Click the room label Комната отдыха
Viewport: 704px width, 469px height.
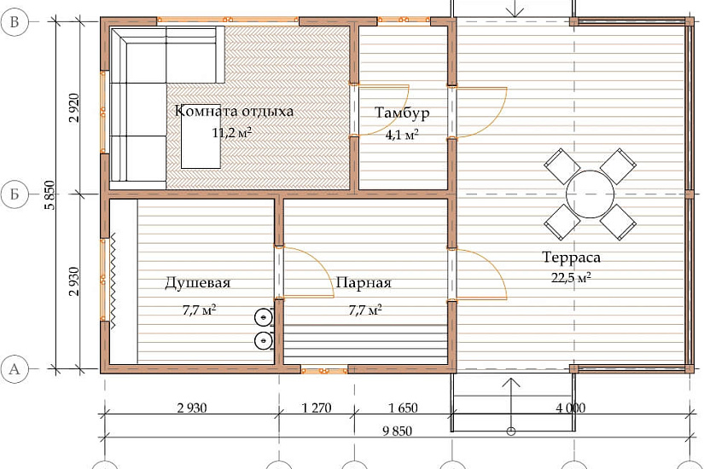click(x=234, y=111)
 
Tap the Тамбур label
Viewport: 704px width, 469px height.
click(x=402, y=113)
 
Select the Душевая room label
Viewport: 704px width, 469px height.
click(x=198, y=283)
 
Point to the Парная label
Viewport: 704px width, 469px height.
click(x=364, y=283)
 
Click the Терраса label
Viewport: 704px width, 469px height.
click(x=571, y=258)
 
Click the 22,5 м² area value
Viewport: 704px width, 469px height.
click(x=571, y=278)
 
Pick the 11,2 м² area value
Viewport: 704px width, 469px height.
click(x=231, y=132)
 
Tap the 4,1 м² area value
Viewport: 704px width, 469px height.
click(x=402, y=134)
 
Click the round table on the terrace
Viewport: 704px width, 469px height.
click(x=590, y=194)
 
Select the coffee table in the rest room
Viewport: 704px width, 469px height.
click(x=201, y=138)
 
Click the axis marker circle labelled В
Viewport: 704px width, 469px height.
click(x=15, y=21)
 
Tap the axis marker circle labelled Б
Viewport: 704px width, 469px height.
click(x=15, y=194)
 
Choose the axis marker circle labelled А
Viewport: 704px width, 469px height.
click(x=15, y=369)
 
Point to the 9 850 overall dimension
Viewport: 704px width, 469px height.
click(x=398, y=431)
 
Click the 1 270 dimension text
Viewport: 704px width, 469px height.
click(x=317, y=408)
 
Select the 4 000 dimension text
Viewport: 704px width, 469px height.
click(x=571, y=408)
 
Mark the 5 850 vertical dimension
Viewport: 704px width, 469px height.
click(x=49, y=194)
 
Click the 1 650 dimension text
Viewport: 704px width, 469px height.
click(x=403, y=408)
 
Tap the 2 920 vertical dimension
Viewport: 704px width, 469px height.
click(x=74, y=107)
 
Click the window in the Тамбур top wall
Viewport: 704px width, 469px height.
click(x=404, y=20)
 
